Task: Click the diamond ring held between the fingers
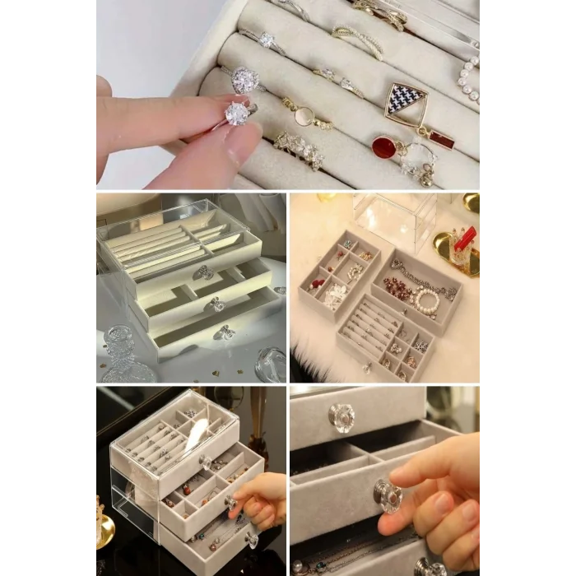[x=237, y=114]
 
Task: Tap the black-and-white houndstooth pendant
[x=406, y=100]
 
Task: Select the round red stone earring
[x=383, y=148]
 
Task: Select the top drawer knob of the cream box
[x=202, y=272]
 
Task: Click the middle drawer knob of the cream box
[x=216, y=304]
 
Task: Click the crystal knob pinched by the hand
[x=387, y=496]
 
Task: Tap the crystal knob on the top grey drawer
[x=341, y=416]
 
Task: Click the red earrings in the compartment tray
[x=317, y=284]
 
